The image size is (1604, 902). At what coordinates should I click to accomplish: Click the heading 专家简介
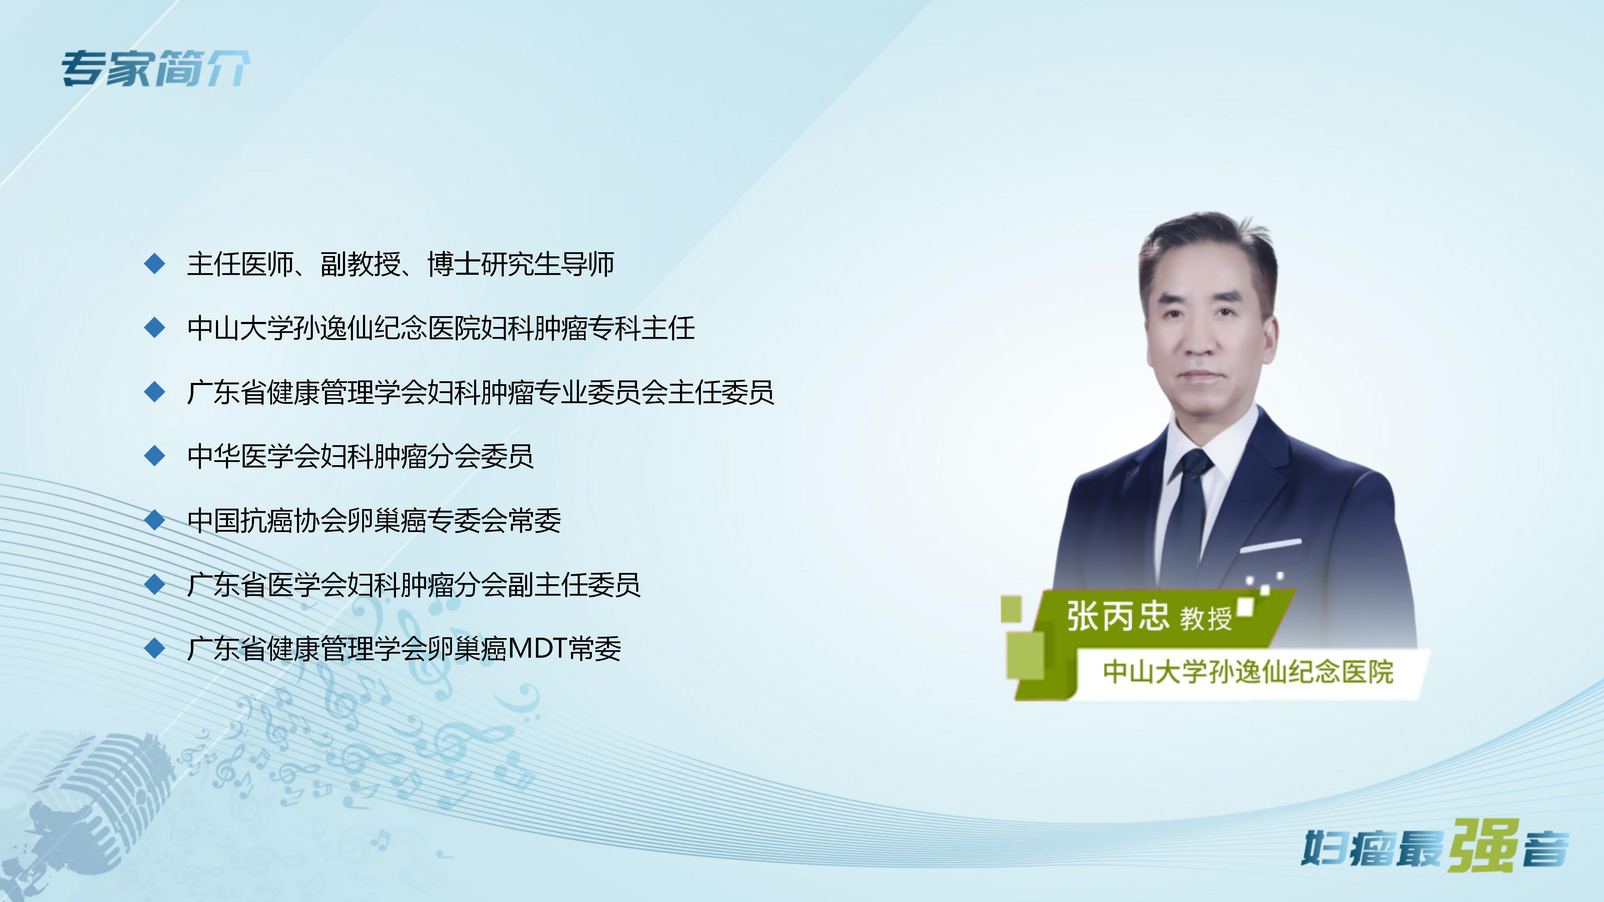click(156, 68)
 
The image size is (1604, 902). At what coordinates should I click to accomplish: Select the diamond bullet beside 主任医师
click(155, 264)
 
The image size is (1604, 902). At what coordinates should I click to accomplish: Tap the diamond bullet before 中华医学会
click(155, 456)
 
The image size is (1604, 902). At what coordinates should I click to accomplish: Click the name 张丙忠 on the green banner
click(1118, 616)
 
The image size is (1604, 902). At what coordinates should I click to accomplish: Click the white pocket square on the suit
click(1270, 546)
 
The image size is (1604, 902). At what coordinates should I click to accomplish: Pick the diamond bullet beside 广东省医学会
click(155, 584)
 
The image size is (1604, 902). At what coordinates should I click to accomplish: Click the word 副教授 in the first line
click(360, 264)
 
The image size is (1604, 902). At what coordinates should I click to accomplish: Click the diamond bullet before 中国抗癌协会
click(155, 520)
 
